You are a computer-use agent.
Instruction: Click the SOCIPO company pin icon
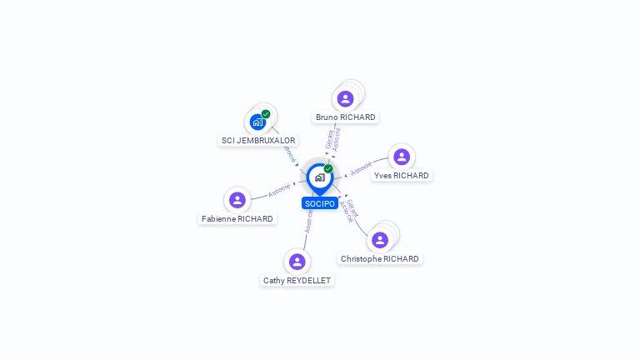point(319,177)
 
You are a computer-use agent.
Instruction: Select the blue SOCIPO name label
point(320,203)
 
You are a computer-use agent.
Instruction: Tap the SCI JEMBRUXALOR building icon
point(258,122)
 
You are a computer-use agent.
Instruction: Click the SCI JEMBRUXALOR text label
point(258,141)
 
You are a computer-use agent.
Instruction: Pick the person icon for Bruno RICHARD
point(345,99)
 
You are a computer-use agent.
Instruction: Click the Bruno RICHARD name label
point(346,117)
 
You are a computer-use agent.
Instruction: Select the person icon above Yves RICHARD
point(402,157)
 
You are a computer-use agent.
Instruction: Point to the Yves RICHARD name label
point(402,176)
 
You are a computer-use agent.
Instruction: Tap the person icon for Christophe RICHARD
point(380,240)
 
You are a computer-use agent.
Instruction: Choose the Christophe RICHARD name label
point(380,259)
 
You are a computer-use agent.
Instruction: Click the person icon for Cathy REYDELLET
point(297,262)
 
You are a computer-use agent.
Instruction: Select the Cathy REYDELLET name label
point(297,281)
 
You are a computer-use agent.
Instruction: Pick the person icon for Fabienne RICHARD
point(237,200)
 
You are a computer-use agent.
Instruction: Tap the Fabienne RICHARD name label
point(237,219)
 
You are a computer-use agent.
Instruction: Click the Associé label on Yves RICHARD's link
point(361,168)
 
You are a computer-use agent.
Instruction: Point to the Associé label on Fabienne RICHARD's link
point(279,190)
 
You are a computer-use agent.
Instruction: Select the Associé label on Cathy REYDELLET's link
point(308,221)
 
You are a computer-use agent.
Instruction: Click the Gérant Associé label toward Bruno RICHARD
point(333,139)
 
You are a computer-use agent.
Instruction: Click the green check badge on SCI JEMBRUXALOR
point(266,114)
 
